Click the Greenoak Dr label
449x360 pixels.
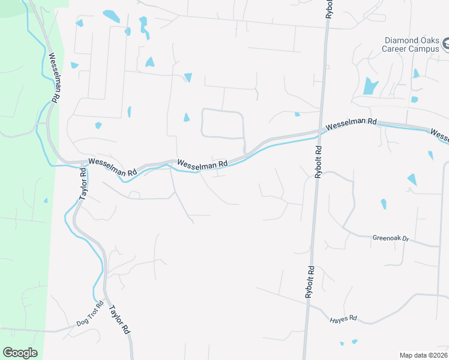[390, 238]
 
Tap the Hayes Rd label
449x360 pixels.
[343, 319]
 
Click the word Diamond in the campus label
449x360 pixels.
[404, 40]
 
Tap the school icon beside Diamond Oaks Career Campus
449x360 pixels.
[445, 44]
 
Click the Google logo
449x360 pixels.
[20, 353]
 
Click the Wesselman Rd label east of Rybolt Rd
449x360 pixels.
[351, 124]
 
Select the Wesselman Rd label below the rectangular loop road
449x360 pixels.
[202, 163]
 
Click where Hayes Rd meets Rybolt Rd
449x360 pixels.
[307, 305]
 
